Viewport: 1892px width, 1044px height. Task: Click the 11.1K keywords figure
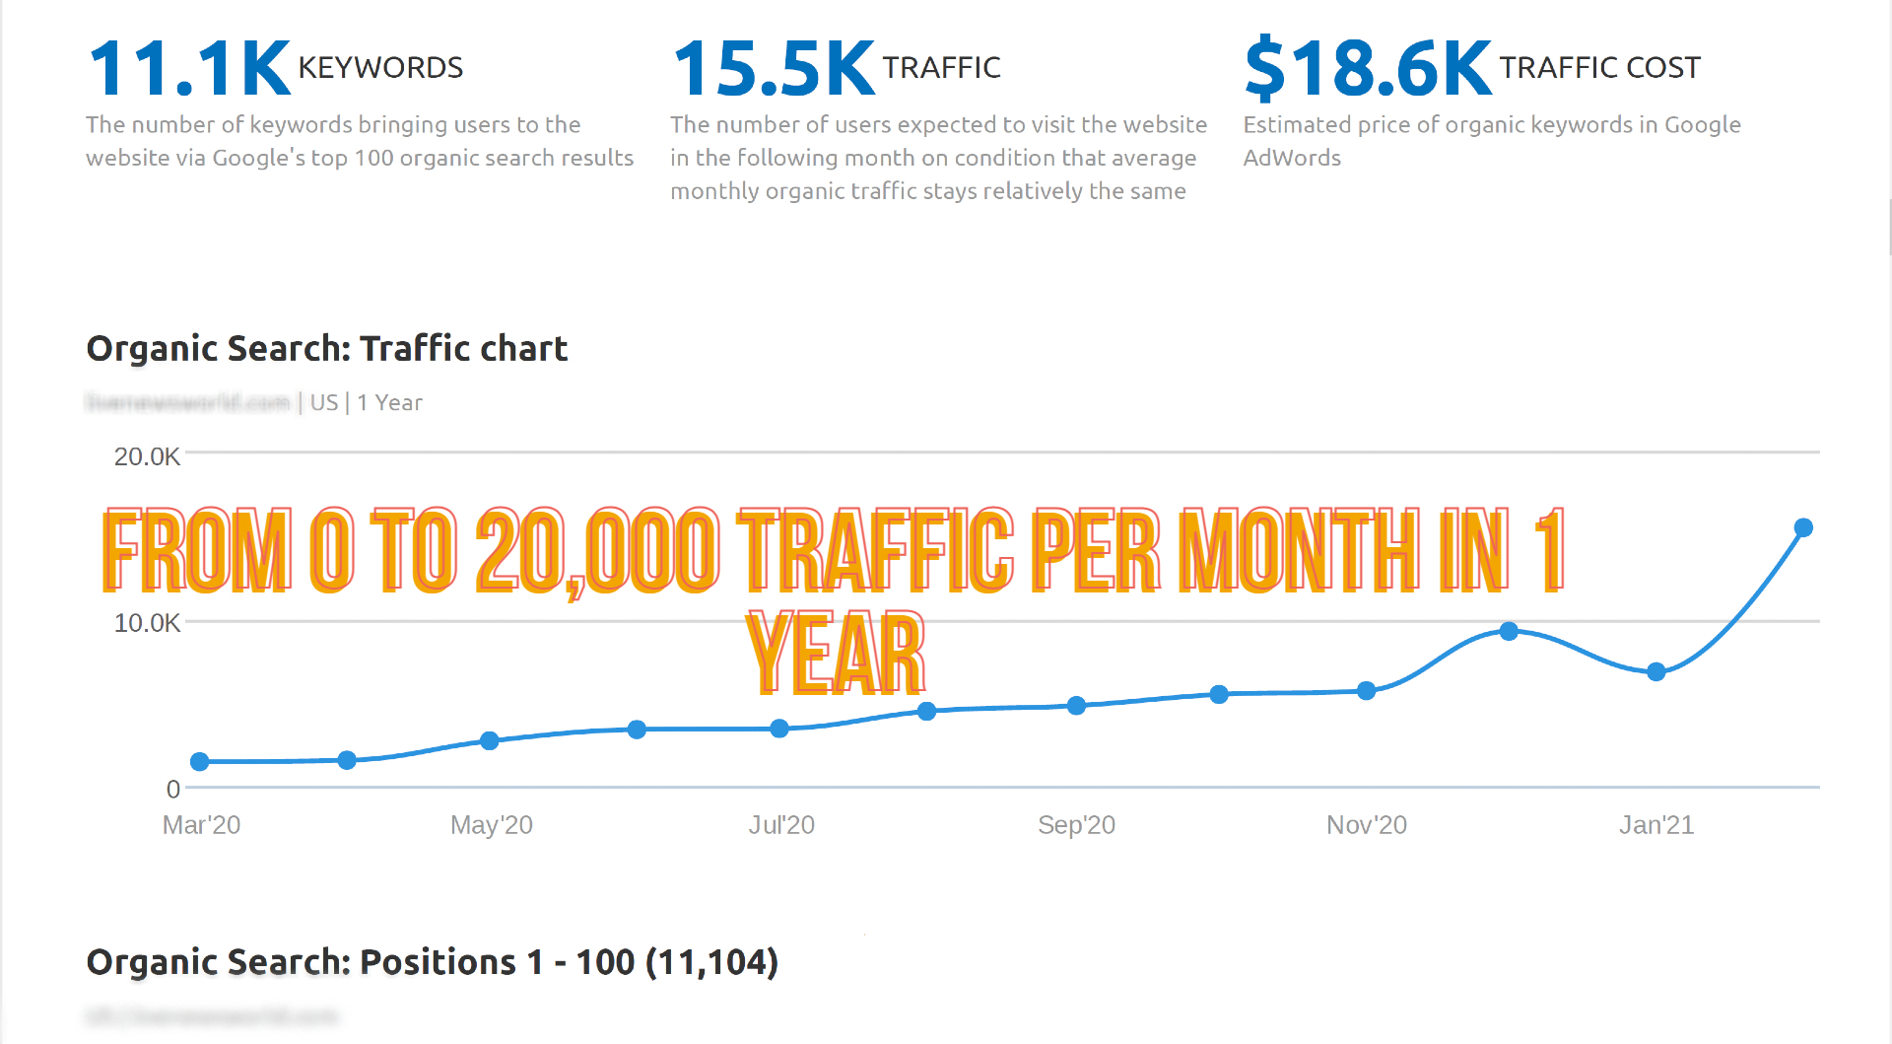[x=189, y=69]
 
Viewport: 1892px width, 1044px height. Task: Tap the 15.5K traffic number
[x=774, y=69]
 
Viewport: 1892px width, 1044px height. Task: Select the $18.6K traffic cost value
[x=1368, y=69]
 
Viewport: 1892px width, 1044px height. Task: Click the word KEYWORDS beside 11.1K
[x=380, y=68]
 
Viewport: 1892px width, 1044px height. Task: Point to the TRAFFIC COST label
[x=1599, y=68]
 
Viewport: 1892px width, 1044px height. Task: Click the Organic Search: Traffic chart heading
[x=327, y=349]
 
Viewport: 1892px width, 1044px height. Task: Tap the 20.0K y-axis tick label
[x=147, y=456]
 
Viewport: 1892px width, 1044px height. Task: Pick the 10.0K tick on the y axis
[x=147, y=623]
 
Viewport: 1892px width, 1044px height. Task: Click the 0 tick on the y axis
[x=173, y=789]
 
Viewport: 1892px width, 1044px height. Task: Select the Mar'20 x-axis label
[x=201, y=825]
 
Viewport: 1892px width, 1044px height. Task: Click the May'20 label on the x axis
[x=491, y=825]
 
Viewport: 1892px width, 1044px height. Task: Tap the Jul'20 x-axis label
[x=781, y=825]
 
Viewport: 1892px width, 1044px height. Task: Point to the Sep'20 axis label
[x=1076, y=825]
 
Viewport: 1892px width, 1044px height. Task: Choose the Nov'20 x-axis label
[x=1366, y=825]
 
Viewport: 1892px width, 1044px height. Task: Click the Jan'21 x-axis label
[x=1655, y=825]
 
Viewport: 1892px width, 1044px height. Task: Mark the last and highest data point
[x=1803, y=528]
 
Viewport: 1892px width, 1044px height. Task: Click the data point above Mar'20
[x=200, y=761]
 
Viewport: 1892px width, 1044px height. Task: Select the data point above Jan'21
[x=1656, y=672]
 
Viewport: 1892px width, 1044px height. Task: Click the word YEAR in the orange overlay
[x=836, y=653]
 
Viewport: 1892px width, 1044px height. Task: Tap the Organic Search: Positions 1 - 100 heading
[x=432, y=962]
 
